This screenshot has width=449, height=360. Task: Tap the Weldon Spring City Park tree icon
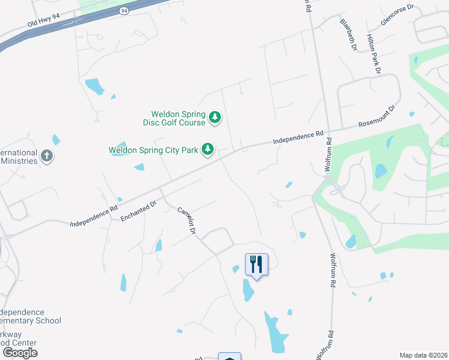pyautogui.click(x=208, y=149)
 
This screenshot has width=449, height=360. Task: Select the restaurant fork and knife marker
pyautogui.click(x=256, y=263)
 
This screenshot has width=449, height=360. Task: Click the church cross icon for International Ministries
pyautogui.click(x=46, y=157)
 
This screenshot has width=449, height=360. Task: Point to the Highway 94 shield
pyautogui.click(x=124, y=11)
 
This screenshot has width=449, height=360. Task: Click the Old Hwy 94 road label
pyautogui.click(x=43, y=21)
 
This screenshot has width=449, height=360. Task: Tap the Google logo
pyautogui.click(x=20, y=352)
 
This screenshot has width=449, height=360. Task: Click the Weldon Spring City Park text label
pyautogui.click(x=153, y=150)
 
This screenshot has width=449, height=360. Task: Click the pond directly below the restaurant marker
pyautogui.click(x=248, y=290)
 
